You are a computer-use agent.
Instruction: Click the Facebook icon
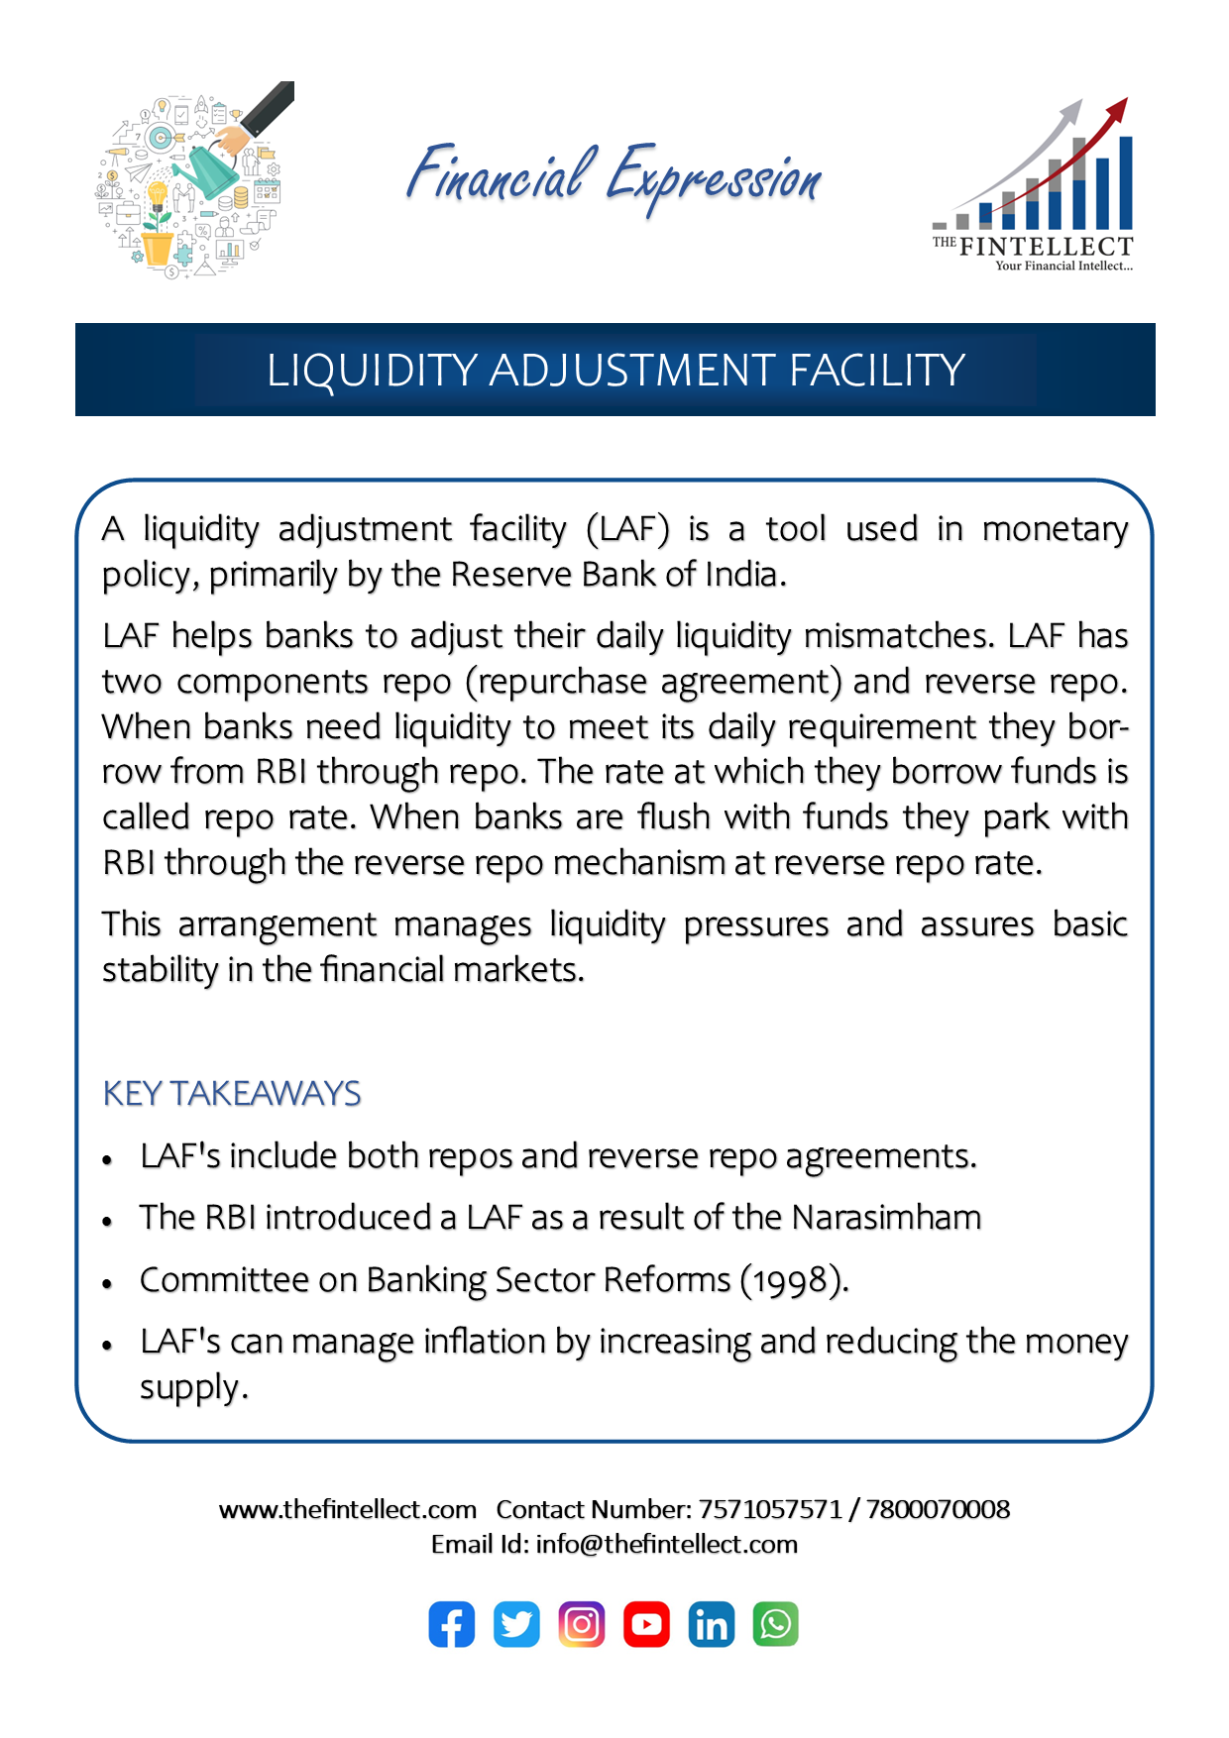click(451, 1624)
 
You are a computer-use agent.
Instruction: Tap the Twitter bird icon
click(516, 1624)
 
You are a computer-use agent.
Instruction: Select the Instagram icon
click(582, 1624)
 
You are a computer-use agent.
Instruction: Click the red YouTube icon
click(646, 1624)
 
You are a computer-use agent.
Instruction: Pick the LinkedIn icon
click(712, 1624)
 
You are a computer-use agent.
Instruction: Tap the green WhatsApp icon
click(776, 1624)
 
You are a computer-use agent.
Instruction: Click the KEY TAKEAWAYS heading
click(232, 1094)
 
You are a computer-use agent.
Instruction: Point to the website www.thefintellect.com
click(347, 1509)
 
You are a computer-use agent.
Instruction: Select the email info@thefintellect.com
click(666, 1544)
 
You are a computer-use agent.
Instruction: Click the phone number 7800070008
click(938, 1509)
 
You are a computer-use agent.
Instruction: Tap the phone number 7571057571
click(770, 1509)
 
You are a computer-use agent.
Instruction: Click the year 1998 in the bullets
click(790, 1280)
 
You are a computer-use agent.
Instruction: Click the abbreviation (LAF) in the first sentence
click(627, 529)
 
